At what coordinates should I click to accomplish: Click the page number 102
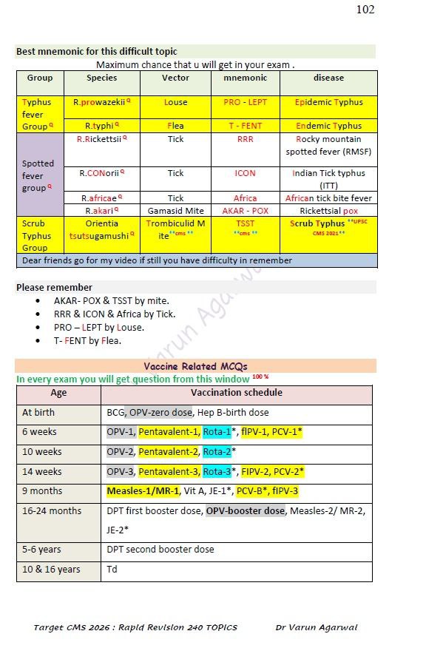(x=365, y=10)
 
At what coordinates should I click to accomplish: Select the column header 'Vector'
(x=175, y=78)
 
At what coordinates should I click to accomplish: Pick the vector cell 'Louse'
(x=175, y=102)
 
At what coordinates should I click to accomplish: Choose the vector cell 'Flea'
(x=175, y=126)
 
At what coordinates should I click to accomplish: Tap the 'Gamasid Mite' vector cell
(x=175, y=211)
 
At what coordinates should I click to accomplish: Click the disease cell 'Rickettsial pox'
(x=328, y=211)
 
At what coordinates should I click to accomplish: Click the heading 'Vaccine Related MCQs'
(x=195, y=366)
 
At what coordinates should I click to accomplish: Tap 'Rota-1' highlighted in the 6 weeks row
(x=217, y=432)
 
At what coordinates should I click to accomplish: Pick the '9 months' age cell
(x=42, y=491)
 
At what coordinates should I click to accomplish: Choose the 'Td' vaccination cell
(x=112, y=570)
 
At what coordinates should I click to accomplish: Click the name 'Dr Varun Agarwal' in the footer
(x=316, y=627)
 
